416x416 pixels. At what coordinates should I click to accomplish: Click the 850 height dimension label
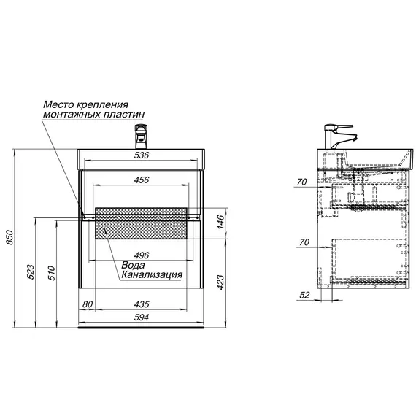pos(9,237)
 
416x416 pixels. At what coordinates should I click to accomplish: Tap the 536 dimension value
pos(142,155)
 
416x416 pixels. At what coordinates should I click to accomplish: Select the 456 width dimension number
pos(142,180)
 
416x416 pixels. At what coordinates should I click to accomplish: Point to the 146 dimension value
pos(220,222)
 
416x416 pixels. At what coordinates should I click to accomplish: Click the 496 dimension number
pos(142,255)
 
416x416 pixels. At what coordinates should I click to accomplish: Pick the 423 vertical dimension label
pos(220,282)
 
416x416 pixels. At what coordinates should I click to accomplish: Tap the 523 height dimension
pos(31,271)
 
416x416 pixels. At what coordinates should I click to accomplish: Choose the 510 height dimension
pos(51,273)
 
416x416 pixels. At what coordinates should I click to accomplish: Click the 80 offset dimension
pos(88,304)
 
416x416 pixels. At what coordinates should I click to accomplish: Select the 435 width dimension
pos(142,304)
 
